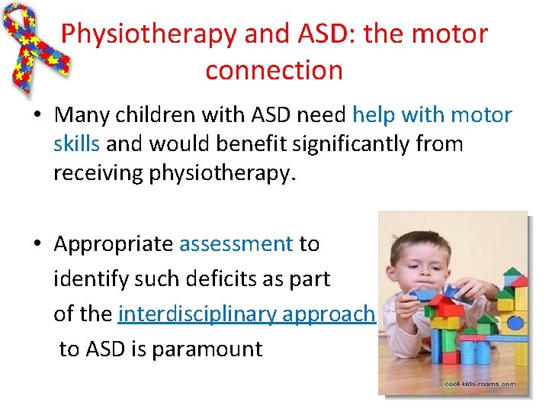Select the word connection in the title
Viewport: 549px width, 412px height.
274,70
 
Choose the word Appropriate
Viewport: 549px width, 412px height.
114,244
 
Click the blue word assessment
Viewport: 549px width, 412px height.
236,244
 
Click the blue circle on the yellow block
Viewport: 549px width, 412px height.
516,321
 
